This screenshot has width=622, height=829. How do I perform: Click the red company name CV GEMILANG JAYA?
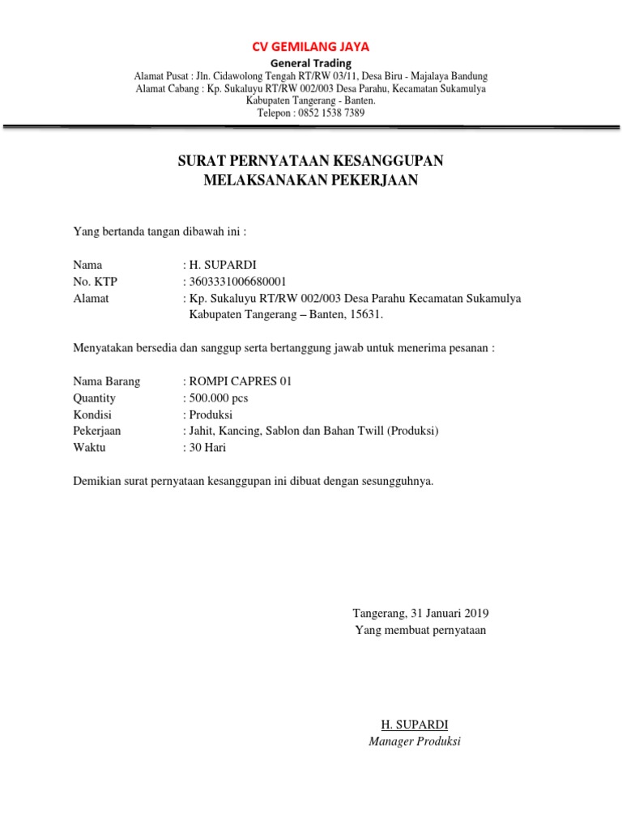[311, 46]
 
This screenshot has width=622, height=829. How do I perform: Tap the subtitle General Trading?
[311, 63]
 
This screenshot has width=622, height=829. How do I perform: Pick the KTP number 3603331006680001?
[237, 282]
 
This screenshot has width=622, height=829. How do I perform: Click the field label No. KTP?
[96, 282]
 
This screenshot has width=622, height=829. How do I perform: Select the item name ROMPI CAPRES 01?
[240, 381]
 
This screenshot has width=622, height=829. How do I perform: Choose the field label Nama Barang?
[106, 381]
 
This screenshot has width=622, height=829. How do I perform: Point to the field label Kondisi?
[94, 414]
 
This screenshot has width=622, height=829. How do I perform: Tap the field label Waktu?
[89, 447]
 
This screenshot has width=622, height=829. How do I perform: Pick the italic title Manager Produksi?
[414, 741]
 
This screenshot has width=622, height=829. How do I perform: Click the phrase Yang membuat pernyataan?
[420, 630]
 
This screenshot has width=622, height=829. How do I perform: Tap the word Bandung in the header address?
[467, 76]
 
